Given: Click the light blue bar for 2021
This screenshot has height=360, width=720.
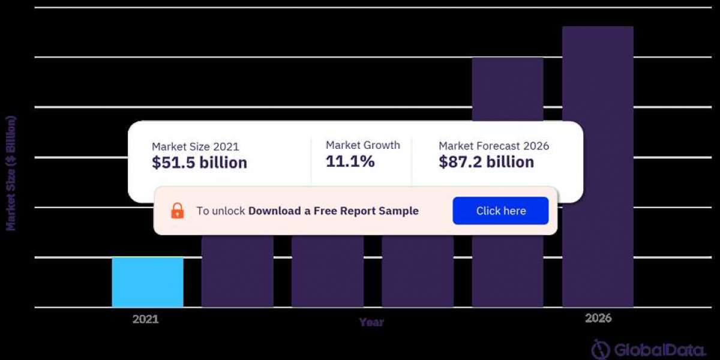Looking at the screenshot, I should [148, 282].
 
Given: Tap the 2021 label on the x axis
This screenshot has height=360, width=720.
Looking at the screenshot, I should [145, 319].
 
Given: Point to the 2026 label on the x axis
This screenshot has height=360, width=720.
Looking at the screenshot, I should [598, 319].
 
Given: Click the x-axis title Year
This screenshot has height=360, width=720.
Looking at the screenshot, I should [371, 322].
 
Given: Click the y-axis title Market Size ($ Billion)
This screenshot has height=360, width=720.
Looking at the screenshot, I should [11, 173].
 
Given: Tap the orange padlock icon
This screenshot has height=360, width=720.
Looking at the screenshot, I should [178, 211].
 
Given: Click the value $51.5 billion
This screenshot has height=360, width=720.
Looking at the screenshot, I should [199, 163].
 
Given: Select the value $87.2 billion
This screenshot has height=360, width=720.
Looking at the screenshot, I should [486, 162].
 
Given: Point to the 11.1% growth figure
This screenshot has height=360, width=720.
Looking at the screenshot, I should [350, 161].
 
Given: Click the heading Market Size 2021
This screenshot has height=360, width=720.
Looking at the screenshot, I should [195, 146].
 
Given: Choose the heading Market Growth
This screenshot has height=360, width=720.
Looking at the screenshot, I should [362, 145].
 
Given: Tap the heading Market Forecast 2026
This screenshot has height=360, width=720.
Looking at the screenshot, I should [494, 146].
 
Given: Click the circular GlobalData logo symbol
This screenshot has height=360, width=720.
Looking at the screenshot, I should [601, 349].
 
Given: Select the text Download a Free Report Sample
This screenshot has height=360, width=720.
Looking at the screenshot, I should [334, 211].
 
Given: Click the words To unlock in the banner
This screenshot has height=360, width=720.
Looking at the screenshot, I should [221, 211].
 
